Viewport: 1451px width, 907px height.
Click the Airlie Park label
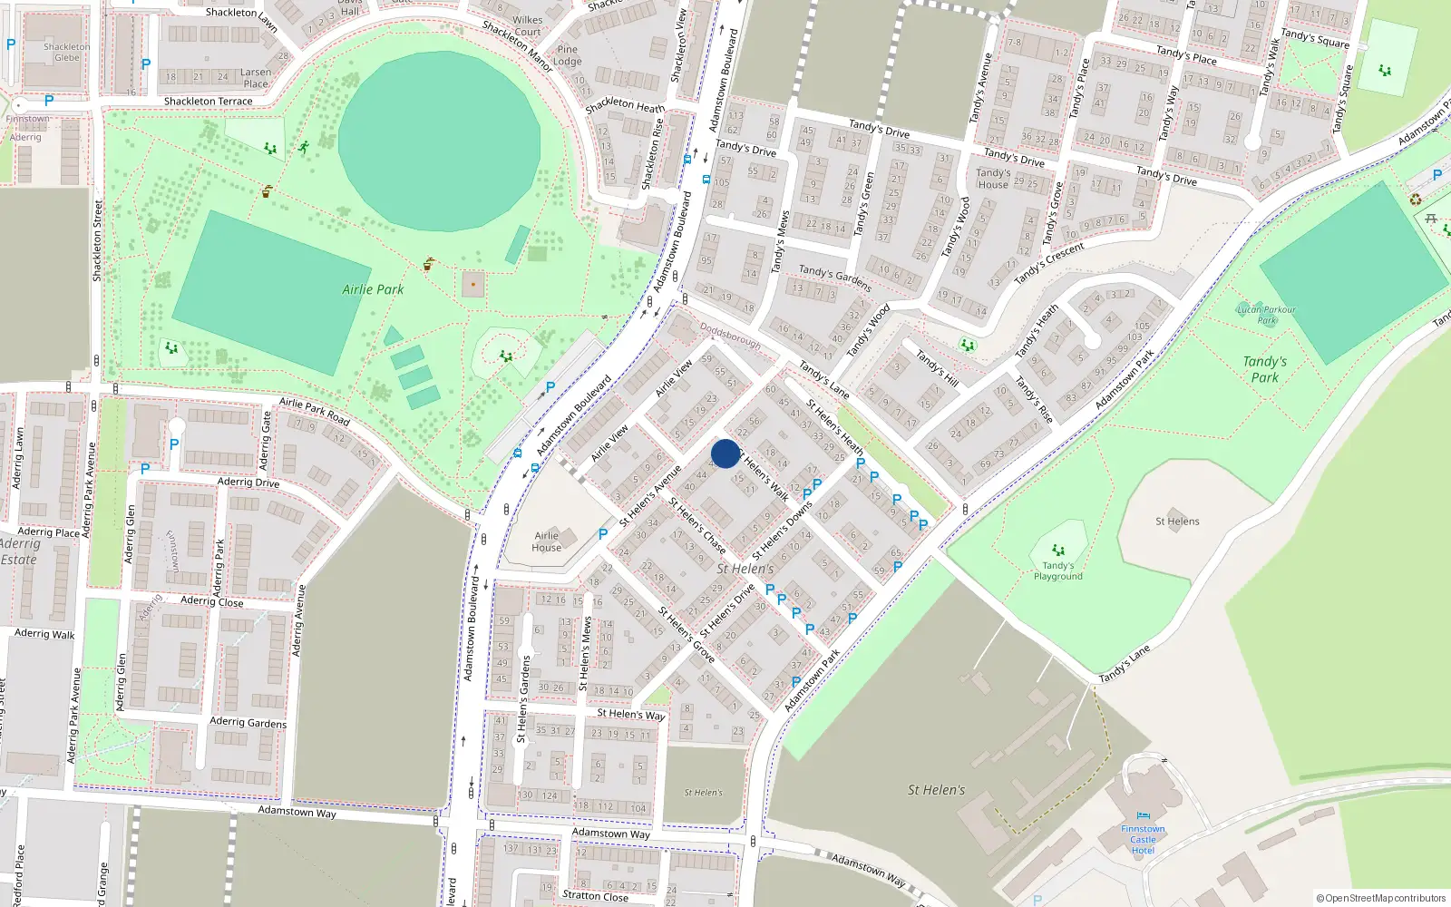pos(373,289)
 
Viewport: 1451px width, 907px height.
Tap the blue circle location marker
pos(725,453)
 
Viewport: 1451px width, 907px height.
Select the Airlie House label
pos(546,541)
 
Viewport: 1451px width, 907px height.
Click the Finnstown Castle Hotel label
pos(1143,839)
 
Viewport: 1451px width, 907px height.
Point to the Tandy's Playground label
pos(1058,571)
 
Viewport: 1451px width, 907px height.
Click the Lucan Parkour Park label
pos(1267,315)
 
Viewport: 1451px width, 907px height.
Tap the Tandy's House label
pos(993,179)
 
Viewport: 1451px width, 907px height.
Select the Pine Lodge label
pos(568,55)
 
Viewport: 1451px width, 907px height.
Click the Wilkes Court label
pos(527,25)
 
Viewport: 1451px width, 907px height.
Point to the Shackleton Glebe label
pos(67,52)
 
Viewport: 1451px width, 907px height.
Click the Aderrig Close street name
pos(211,600)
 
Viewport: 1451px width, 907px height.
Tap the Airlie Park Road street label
pos(314,411)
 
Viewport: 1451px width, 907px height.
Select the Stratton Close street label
pos(595,895)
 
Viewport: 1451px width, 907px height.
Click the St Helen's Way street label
pos(631,714)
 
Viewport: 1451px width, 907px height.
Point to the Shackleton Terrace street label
pos(209,102)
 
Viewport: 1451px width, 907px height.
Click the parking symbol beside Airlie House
pos(603,534)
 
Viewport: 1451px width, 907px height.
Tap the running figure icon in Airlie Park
pos(304,147)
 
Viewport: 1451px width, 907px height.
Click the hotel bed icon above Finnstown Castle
pos(1143,815)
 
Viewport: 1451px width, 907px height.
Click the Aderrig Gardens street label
pos(248,722)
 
